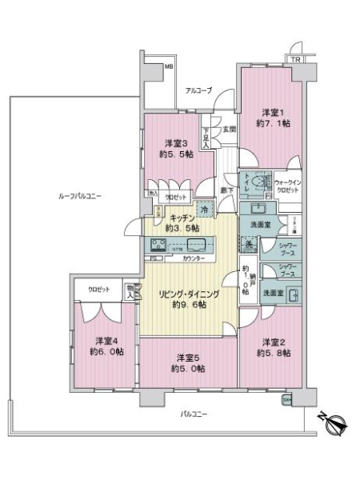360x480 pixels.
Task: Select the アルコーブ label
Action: click(x=198, y=90)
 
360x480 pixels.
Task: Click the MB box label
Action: click(x=169, y=68)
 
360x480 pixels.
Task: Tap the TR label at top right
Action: click(x=295, y=60)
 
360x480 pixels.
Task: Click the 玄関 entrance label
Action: click(x=228, y=129)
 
